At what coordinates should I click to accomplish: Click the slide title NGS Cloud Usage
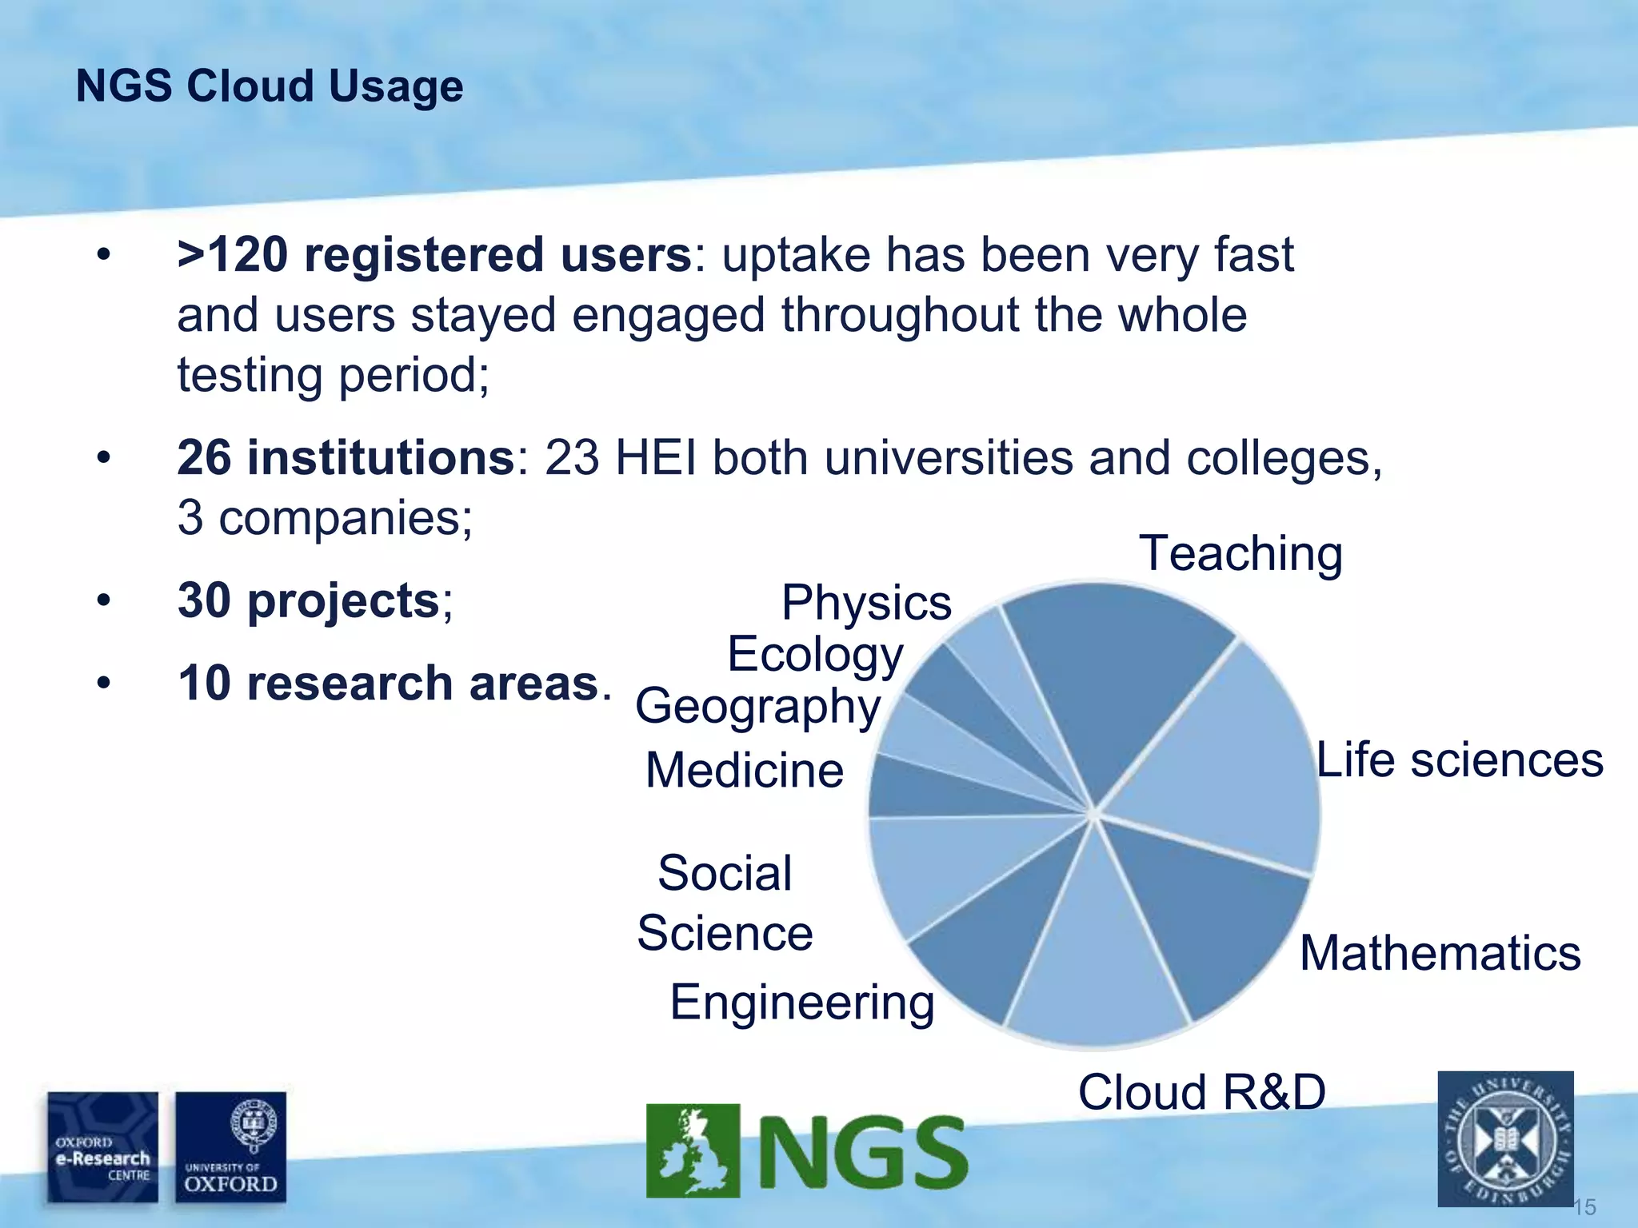[270, 86]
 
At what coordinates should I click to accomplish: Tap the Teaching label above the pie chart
[1240, 553]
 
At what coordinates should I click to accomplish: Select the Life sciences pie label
[1460, 760]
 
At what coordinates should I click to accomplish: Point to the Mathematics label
[1440, 953]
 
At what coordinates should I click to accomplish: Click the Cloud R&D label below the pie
[1201, 1092]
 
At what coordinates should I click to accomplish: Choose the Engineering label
[802, 1003]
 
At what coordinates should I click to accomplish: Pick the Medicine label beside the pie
[745, 770]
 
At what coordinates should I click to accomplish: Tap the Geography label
[757, 707]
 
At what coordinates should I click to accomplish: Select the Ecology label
[815, 655]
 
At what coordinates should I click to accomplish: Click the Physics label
[866, 602]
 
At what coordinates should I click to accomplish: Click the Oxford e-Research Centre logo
[102, 1146]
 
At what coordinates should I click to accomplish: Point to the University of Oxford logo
[230, 1146]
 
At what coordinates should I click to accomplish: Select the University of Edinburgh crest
[1505, 1138]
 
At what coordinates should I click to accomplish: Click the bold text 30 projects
[308, 600]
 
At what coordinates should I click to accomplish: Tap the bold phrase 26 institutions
[346, 458]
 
